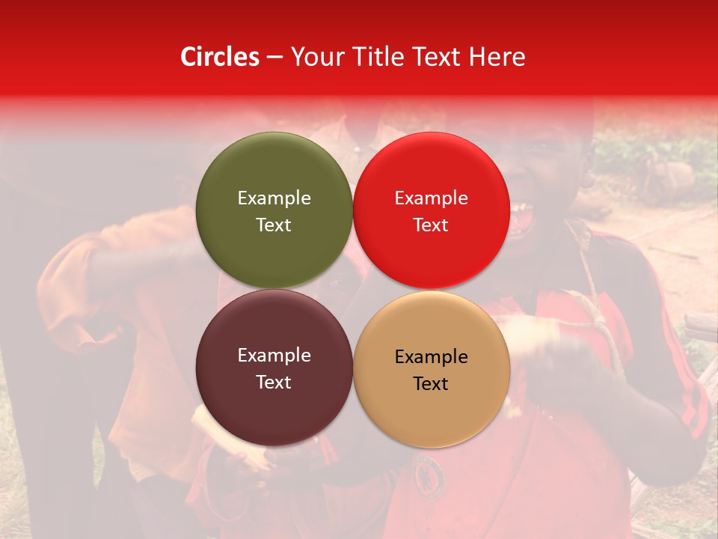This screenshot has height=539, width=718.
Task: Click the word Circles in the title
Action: click(x=220, y=57)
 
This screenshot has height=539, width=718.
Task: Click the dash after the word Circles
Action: click(x=274, y=58)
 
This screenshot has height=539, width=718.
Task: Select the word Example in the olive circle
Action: click(x=274, y=198)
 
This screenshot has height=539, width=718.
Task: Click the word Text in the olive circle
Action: click(x=274, y=225)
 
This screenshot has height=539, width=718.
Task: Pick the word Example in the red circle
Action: click(x=431, y=198)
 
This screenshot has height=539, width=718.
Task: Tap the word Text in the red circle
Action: click(x=431, y=225)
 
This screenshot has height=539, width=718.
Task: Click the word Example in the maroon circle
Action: click(x=274, y=355)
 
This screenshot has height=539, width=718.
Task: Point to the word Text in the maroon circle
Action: click(x=274, y=382)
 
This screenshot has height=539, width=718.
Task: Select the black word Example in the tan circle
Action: click(x=431, y=356)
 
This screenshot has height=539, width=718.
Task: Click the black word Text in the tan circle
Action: click(x=431, y=383)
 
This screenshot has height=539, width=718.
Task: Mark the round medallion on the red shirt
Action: click(x=429, y=473)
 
